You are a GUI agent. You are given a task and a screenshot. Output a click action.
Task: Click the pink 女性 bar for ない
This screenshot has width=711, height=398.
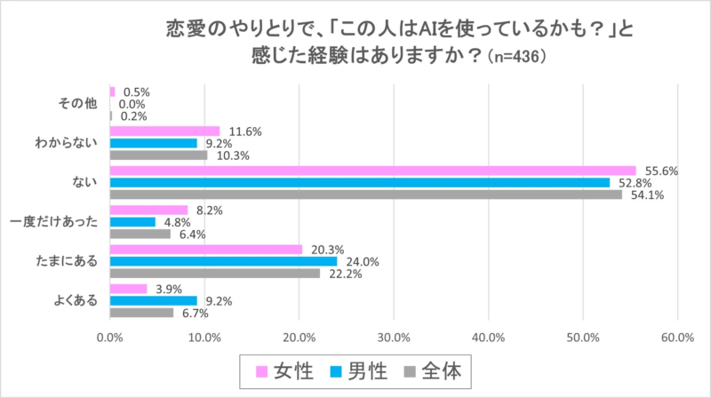coord(372,171)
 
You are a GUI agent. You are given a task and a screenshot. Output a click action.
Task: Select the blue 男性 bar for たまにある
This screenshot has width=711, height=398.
coord(223,261)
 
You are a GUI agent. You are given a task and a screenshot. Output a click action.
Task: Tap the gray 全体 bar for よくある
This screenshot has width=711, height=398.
coord(141,313)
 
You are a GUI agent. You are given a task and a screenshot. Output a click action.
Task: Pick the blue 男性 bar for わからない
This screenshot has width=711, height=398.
coord(153,143)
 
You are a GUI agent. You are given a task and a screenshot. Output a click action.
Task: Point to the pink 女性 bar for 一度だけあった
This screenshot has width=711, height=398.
coord(148,210)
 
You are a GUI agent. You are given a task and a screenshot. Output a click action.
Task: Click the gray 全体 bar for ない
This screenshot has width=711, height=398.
coord(365,195)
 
